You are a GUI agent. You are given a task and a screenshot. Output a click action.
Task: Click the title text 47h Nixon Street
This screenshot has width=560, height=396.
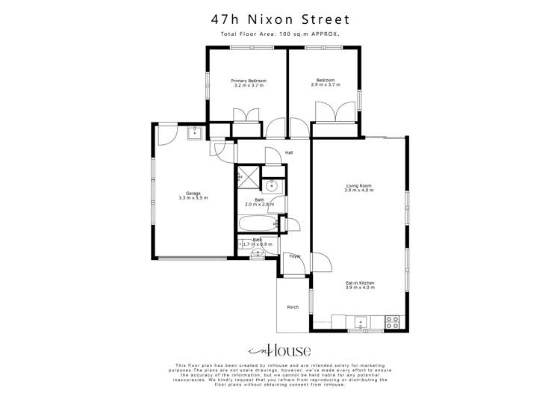(280, 18)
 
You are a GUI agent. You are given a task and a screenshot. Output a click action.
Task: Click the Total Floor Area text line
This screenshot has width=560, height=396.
(280, 34)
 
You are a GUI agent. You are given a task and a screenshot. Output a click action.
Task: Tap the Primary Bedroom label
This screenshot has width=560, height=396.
(249, 81)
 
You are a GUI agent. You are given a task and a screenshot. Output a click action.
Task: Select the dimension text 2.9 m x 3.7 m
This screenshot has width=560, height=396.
(326, 85)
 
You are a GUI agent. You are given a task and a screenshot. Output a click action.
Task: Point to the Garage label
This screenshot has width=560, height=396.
(193, 193)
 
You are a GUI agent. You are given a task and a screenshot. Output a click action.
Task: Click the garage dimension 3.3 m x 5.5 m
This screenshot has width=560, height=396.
(193, 198)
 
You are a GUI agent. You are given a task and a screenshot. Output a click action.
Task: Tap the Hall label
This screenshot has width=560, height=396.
(289, 152)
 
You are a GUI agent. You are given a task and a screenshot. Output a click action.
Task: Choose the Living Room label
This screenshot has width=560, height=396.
(358, 185)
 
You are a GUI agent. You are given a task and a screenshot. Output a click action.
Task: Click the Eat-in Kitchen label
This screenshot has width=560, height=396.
(359, 283)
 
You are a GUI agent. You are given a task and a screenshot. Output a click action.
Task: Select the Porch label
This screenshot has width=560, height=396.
(293, 307)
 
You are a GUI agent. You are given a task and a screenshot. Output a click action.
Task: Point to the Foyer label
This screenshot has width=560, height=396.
(295, 256)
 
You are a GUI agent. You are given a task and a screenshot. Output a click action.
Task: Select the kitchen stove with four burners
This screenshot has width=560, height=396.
(393, 322)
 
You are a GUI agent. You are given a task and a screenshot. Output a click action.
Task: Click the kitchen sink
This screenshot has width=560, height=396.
(361, 322)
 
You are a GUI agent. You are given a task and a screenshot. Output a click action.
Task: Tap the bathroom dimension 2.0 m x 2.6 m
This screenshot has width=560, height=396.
(259, 205)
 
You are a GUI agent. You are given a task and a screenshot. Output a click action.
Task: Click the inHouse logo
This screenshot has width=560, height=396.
(280, 351)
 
